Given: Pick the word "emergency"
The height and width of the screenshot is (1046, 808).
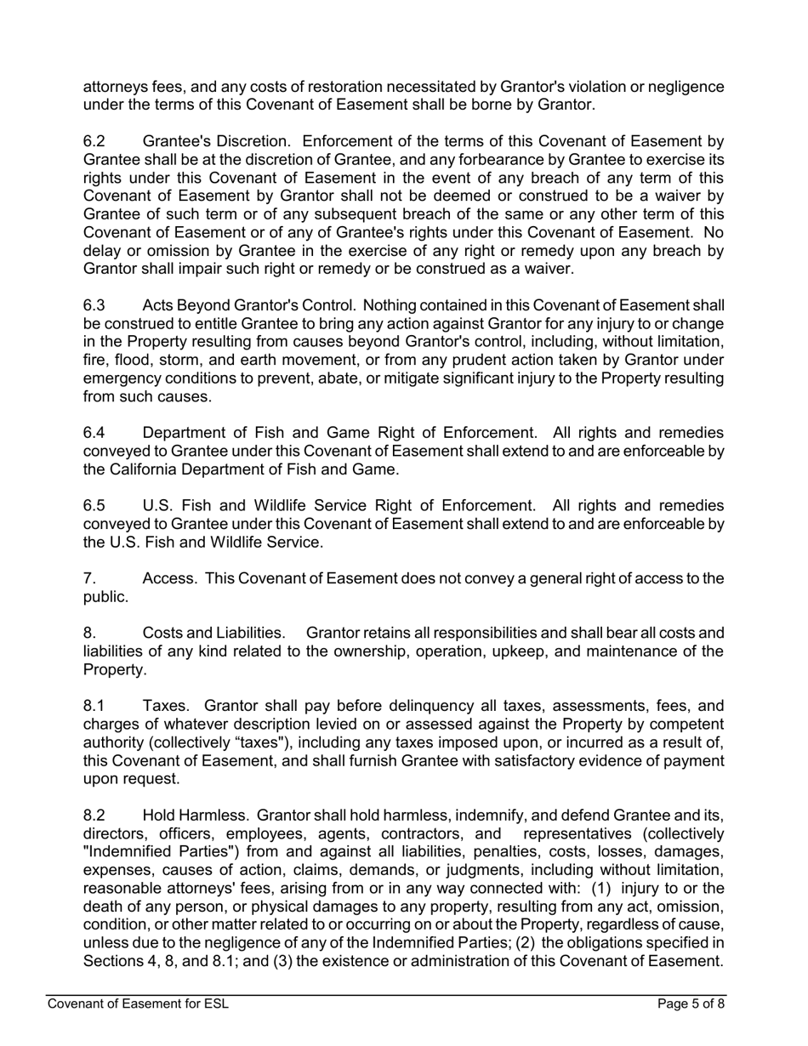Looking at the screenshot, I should pos(121,378).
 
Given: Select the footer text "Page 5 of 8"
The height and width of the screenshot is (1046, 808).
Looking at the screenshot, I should pos(691,1003).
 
